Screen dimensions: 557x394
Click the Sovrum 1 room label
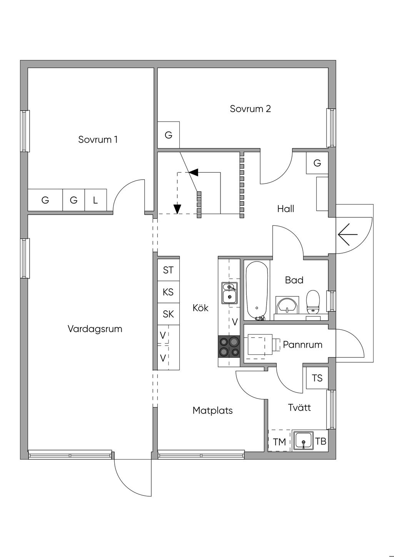pyautogui.click(x=98, y=139)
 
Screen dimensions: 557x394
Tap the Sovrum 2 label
pyautogui.click(x=250, y=108)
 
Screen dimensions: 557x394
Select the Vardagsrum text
pyautogui.click(x=95, y=329)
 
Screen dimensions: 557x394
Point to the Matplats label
pyautogui.click(x=212, y=410)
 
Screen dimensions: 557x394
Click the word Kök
pyautogui.click(x=200, y=308)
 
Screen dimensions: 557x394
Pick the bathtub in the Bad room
pyautogui.click(x=257, y=290)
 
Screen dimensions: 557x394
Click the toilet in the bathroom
pyautogui.click(x=313, y=302)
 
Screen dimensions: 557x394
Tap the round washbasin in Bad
pyautogui.click(x=287, y=305)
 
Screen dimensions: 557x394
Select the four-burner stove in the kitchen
pyautogui.click(x=229, y=346)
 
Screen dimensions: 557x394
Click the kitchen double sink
pyautogui.click(x=230, y=293)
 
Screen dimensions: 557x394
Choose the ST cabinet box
pyautogui.click(x=168, y=270)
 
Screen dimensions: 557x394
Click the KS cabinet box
pyautogui.click(x=168, y=292)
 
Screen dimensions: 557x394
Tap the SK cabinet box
pyautogui.click(x=168, y=314)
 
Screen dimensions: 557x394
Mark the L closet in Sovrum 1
pyautogui.click(x=95, y=200)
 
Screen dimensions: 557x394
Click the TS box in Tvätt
pyautogui.click(x=317, y=378)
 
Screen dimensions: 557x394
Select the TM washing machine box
pyautogui.click(x=280, y=442)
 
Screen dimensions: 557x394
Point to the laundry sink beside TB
pyautogui.click(x=304, y=441)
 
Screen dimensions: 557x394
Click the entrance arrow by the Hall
pyautogui.click(x=347, y=234)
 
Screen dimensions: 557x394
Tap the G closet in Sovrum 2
pyautogui.click(x=168, y=135)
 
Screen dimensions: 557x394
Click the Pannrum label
pyautogui.click(x=302, y=344)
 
